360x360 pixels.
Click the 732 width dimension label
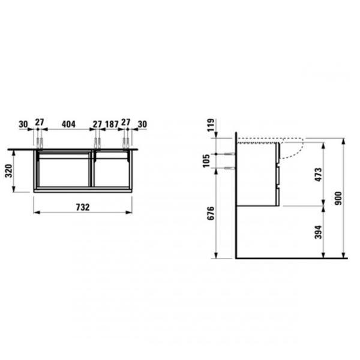tap(83, 207)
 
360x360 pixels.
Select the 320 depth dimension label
tap(9, 171)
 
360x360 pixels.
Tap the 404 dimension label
tap(68, 124)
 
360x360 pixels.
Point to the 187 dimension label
tap(112, 124)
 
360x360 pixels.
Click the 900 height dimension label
tap(338, 199)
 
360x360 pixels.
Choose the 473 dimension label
tap(318, 175)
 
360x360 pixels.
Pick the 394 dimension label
tap(318, 232)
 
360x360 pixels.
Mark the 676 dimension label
tap(211, 213)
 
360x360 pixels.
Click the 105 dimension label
tap(206, 161)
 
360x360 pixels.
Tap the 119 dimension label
tap(211, 125)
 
